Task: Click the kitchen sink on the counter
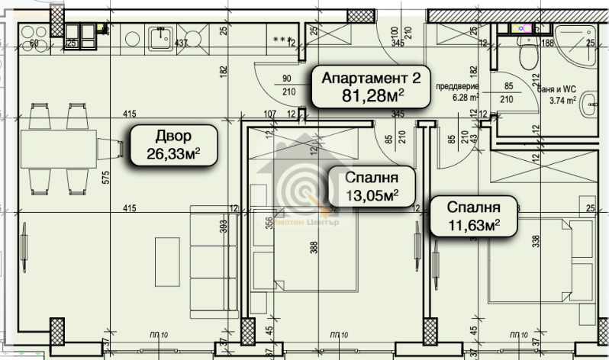coord(161,39)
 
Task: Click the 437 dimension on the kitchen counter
coord(181,43)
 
